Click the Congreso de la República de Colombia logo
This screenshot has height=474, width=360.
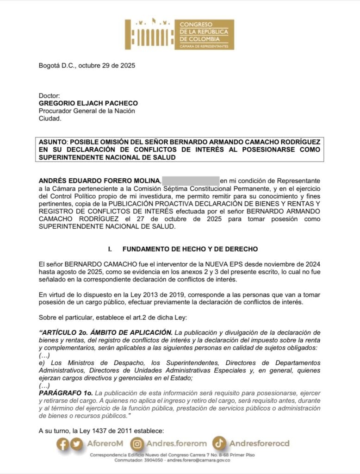[180, 34]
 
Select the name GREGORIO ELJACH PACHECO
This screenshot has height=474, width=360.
[88, 103]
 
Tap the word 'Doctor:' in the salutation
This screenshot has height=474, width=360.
[50, 96]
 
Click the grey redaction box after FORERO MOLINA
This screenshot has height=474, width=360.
[191, 180]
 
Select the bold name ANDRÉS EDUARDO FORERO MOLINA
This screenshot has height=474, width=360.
[99, 180]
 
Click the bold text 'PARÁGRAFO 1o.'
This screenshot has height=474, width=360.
[64, 393]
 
